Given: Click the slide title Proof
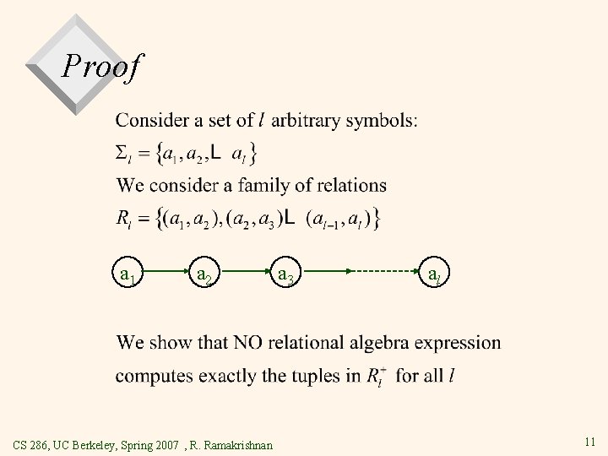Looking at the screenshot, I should (x=103, y=66).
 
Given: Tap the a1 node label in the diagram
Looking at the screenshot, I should (x=129, y=275).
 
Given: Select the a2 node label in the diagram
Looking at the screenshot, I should (x=204, y=275).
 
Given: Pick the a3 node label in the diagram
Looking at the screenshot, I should (x=285, y=275).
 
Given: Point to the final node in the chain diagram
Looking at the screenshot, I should (x=433, y=275).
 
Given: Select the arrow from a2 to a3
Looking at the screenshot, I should (x=243, y=272).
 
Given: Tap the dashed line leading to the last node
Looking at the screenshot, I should (x=384, y=272).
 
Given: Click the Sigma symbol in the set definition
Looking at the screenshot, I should (x=122, y=153).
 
